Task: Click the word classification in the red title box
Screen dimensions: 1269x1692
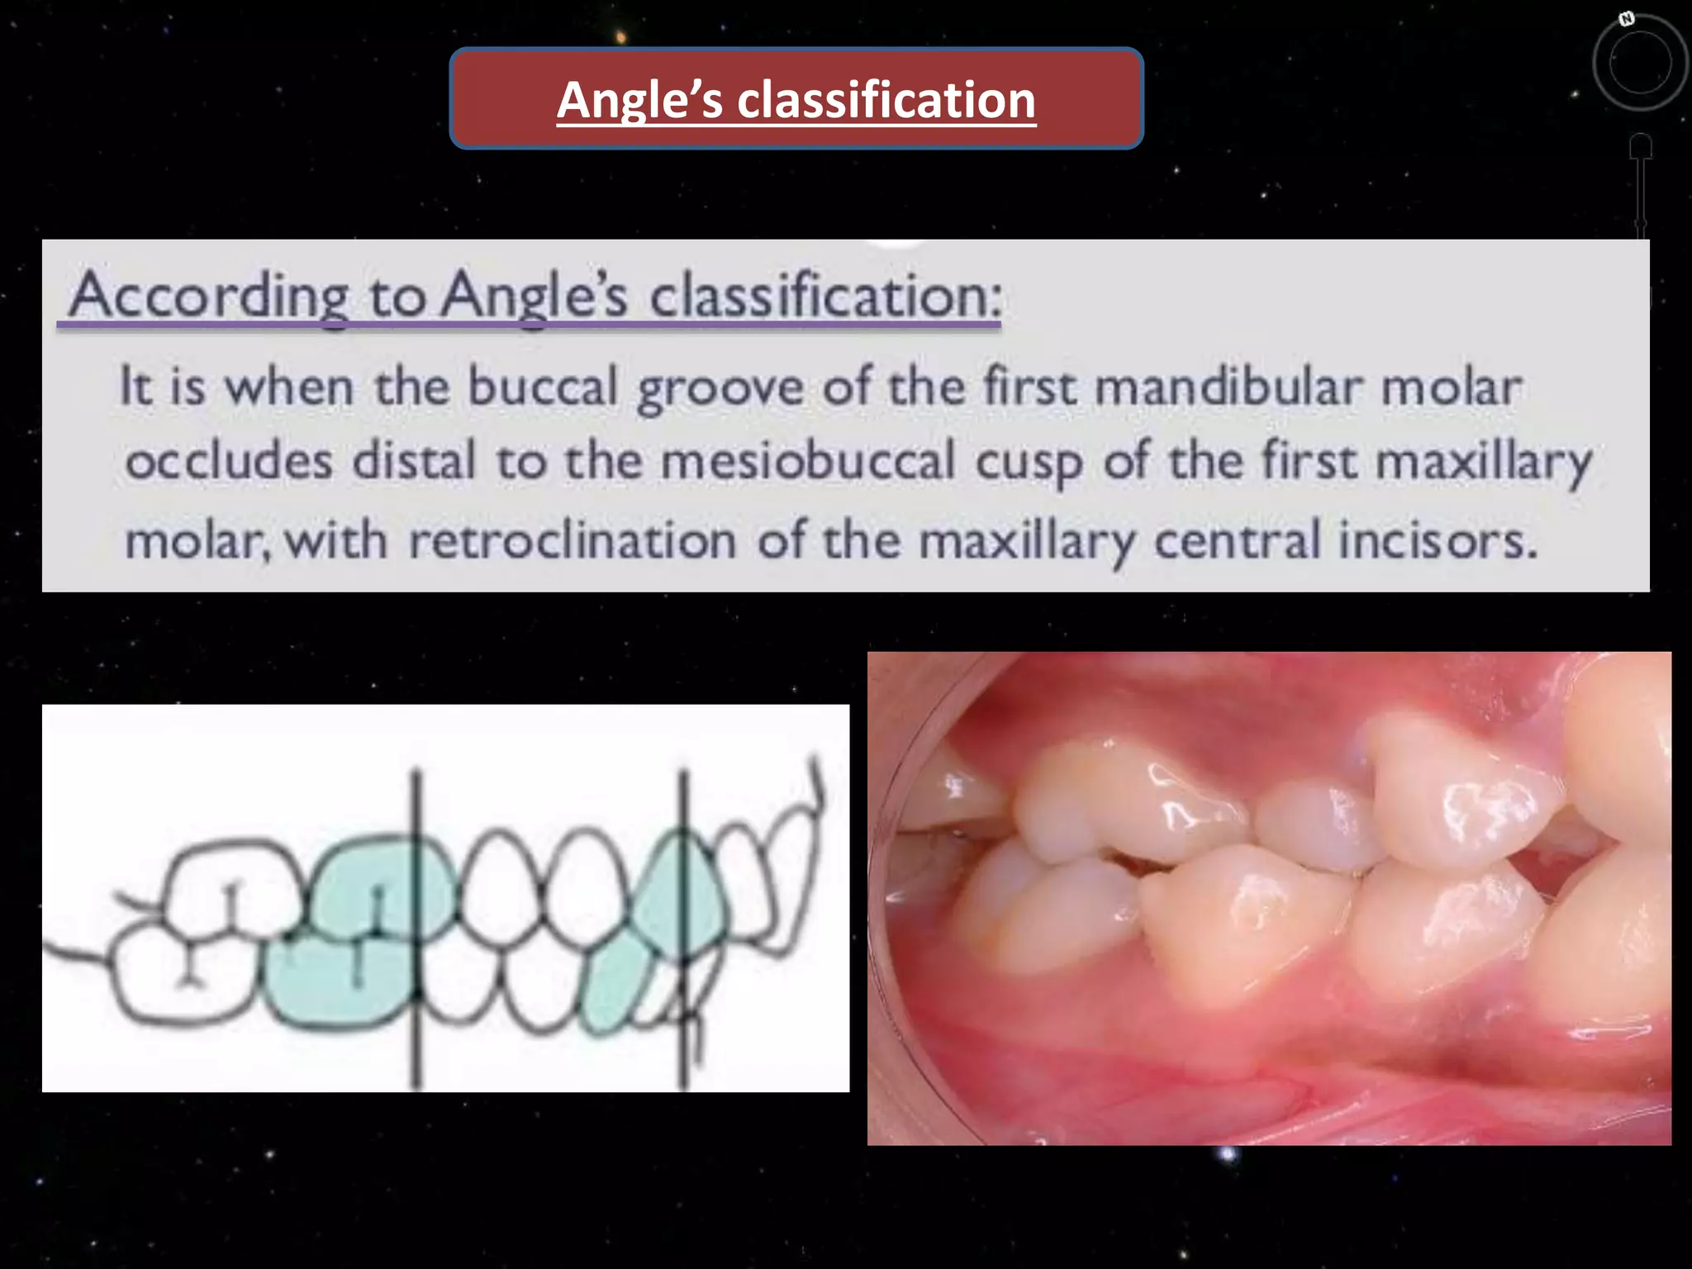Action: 886,100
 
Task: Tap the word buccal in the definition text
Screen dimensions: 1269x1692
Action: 543,387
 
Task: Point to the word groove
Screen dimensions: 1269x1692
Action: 720,388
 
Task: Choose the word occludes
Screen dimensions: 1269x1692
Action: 230,460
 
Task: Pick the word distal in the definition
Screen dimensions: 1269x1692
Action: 415,460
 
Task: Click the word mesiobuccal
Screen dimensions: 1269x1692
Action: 808,460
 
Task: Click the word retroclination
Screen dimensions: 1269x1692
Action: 573,540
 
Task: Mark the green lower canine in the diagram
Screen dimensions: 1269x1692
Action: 615,987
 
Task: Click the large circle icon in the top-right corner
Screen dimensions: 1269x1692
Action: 1640,62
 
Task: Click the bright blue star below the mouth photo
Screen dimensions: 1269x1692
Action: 1228,1153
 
